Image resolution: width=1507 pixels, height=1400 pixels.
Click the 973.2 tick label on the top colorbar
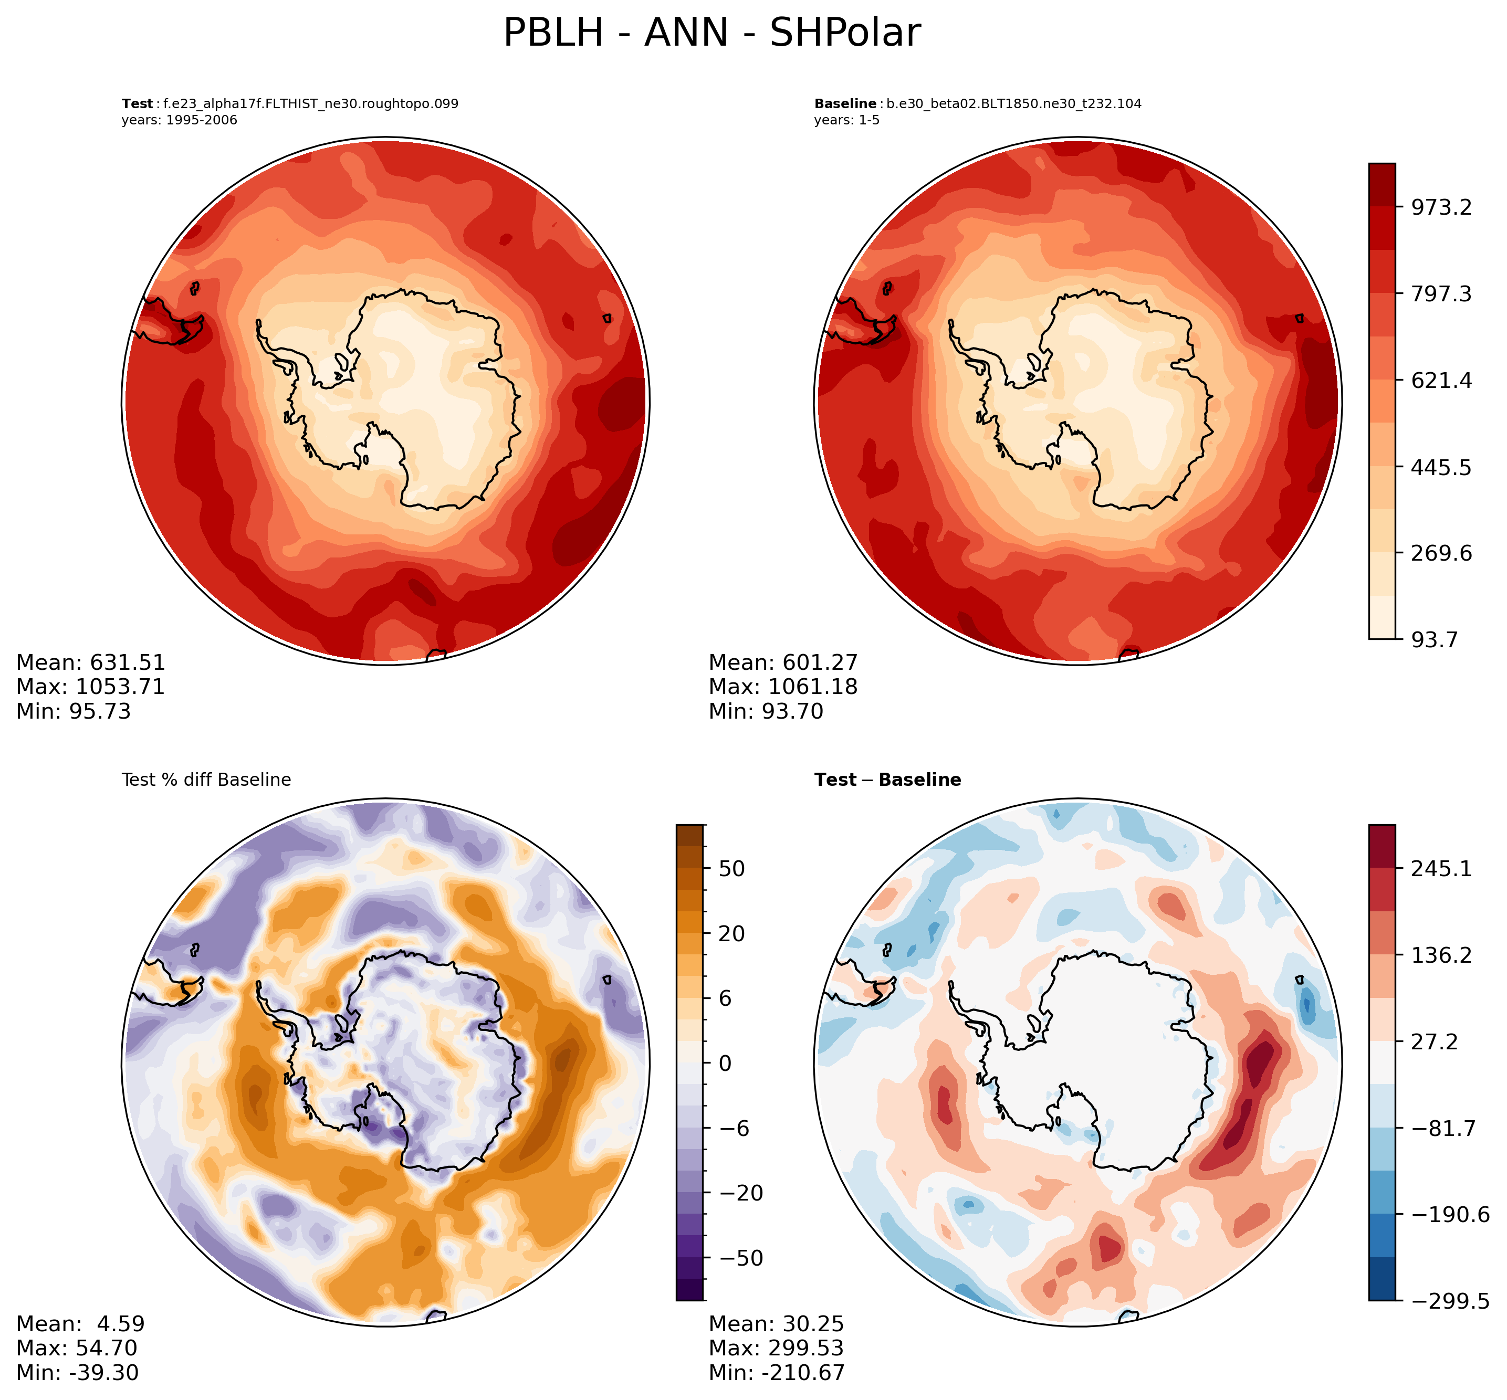pyautogui.click(x=1440, y=207)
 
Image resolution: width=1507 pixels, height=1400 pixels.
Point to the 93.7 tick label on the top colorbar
pyautogui.click(x=1433, y=640)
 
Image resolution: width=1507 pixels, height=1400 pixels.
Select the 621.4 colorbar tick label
pyautogui.click(x=1440, y=380)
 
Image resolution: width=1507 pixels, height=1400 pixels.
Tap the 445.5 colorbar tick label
pyautogui.click(x=1440, y=467)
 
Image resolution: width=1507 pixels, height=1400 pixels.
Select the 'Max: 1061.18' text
pyautogui.click(x=783, y=687)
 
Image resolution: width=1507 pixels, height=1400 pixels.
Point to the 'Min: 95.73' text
pyautogui.click(x=74, y=711)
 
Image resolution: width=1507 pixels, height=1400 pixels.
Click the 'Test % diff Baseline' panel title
pyautogui.click(x=206, y=780)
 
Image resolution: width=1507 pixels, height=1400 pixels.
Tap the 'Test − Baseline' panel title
pyautogui.click(x=887, y=780)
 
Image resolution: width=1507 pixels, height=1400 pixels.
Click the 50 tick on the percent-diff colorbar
pyautogui.click(x=731, y=868)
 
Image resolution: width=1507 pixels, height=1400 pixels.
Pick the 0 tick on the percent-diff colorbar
pyautogui.click(x=725, y=1063)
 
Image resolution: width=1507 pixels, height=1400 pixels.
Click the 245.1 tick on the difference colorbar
pyautogui.click(x=1440, y=868)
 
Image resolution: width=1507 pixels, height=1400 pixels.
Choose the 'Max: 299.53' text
pyautogui.click(x=776, y=1348)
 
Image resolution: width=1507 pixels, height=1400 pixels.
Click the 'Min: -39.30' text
pyautogui.click(x=77, y=1372)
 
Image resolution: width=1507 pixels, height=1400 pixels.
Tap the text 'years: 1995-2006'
pyautogui.click(x=179, y=120)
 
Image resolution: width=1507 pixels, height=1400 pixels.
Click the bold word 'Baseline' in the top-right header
pyautogui.click(x=845, y=104)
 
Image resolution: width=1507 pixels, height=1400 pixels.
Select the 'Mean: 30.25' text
pyautogui.click(x=776, y=1323)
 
